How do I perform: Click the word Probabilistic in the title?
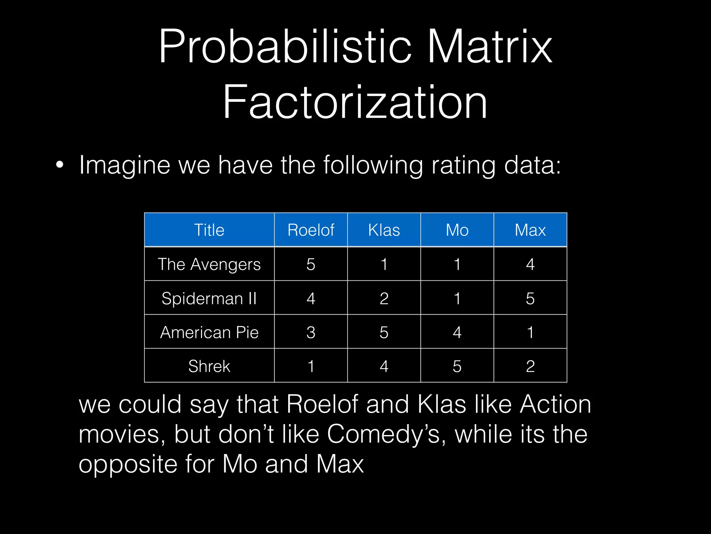[x=285, y=47]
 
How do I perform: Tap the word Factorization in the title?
[x=355, y=103]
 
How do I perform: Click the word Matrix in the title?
[x=490, y=47]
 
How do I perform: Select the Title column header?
[x=209, y=230]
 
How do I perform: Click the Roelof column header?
[x=311, y=230]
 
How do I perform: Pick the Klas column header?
[x=384, y=230]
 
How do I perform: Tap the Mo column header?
[x=457, y=230]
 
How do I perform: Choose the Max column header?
[x=530, y=230]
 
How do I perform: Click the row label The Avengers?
[x=209, y=264]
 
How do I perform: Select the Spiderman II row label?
[x=209, y=298]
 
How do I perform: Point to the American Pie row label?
[x=209, y=332]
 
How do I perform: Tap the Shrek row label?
[x=209, y=366]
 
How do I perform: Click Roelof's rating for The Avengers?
[x=311, y=264]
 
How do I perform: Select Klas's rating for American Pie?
[x=384, y=332]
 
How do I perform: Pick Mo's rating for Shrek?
[x=457, y=366]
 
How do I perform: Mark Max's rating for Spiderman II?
[x=530, y=298]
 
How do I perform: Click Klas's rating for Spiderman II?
[x=384, y=298]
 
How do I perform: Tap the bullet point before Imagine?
[x=60, y=165]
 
